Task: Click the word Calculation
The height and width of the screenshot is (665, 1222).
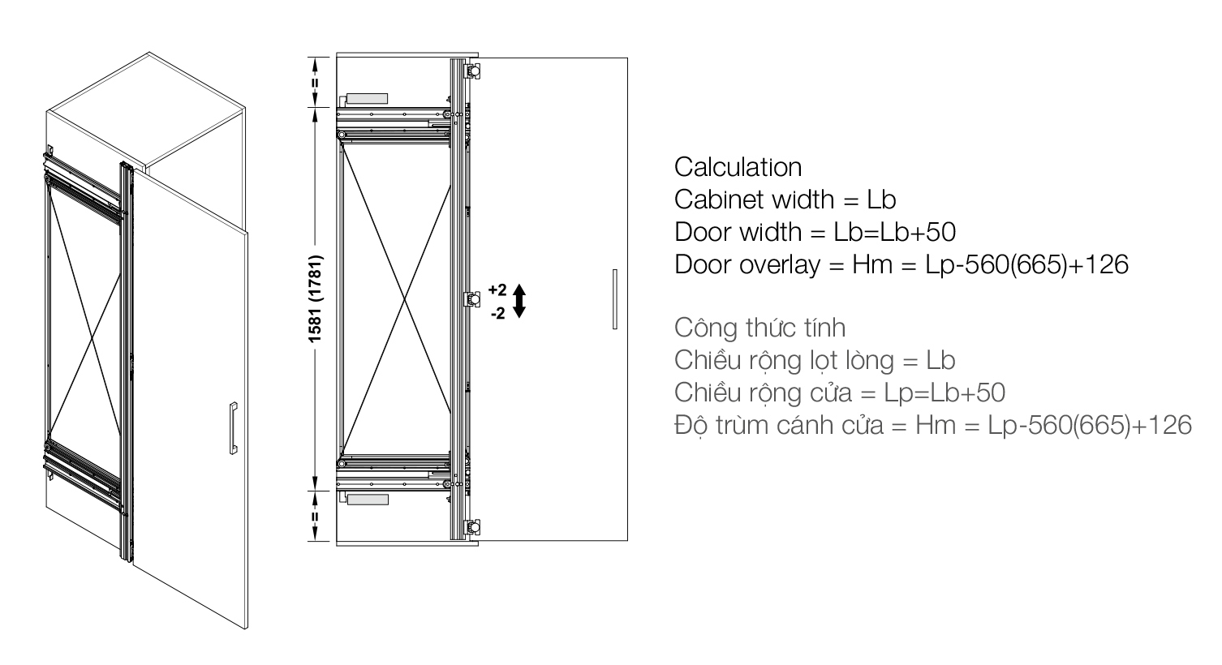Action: [x=738, y=167]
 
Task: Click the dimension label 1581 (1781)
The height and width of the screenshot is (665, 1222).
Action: [x=316, y=298]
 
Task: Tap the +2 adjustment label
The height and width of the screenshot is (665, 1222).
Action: [x=497, y=290]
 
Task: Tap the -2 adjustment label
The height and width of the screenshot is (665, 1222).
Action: [x=498, y=313]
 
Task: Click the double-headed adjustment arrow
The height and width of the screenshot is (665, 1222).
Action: [x=519, y=301]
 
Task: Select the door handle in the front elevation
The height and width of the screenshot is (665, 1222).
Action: [x=615, y=298]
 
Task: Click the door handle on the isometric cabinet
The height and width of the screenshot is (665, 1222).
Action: [x=234, y=428]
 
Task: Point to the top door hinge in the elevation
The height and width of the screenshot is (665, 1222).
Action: [x=472, y=71]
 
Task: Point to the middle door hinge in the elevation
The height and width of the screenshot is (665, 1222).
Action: [x=472, y=299]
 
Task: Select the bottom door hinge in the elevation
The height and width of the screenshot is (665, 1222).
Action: [x=472, y=527]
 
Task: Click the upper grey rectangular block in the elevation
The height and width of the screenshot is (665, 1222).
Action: [x=367, y=99]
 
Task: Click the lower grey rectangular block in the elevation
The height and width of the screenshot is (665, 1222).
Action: [x=368, y=500]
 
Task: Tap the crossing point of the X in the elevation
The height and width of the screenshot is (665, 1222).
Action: [x=404, y=299]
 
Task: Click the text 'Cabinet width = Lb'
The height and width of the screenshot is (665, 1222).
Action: [x=785, y=200]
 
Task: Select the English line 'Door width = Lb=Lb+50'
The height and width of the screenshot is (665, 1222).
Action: [x=815, y=232]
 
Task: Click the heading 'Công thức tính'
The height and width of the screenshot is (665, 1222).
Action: [x=760, y=328]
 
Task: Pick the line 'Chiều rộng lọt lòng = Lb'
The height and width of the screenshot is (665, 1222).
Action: [x=815, y=360]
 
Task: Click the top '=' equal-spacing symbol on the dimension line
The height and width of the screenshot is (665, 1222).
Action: [x=316, y=84]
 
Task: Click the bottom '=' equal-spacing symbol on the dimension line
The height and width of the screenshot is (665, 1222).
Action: [x=316, y=517]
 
